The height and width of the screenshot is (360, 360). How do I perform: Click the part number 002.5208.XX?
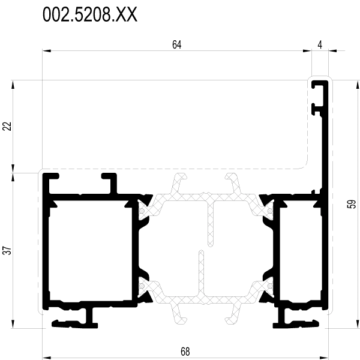click(90, 14)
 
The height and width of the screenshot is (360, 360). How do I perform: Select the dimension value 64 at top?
click(177, 45)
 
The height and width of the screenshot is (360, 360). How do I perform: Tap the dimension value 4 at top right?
click(320, 45)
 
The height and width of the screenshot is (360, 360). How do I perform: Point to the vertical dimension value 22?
click(7, 126)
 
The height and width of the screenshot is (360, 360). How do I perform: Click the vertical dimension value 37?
click(7, 250)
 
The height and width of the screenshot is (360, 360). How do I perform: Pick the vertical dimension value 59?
click(352, 204)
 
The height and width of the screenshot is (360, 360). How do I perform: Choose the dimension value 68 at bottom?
click(185, 352)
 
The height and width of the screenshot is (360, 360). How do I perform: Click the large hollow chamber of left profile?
click(90, 250)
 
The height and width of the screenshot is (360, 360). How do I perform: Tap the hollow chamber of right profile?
click(301, 250)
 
